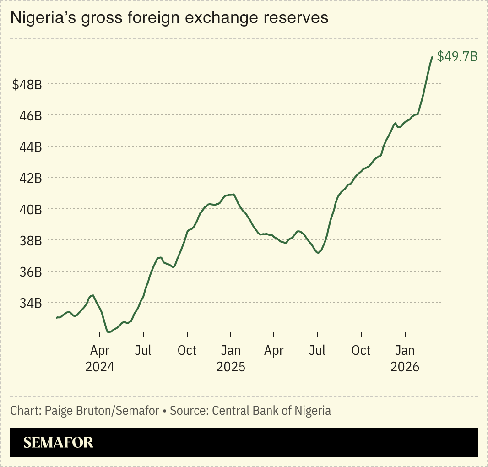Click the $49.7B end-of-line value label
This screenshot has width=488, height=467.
click(457, 56)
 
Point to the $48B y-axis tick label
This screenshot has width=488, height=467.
click(27, 85)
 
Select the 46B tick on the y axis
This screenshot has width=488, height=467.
click(31, 116)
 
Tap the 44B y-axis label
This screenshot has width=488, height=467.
click(31, 147)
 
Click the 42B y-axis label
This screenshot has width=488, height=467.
click(31, 178)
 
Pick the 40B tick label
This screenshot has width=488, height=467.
click(31, 210)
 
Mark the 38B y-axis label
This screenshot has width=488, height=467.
click(31, 241)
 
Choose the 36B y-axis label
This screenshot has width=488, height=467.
click(31, 272)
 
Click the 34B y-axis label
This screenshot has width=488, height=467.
click(31, 303)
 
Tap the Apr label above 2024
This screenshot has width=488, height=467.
click(100, 351)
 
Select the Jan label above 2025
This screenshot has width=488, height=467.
click(231, 351)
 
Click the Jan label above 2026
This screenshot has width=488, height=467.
click(405, 351)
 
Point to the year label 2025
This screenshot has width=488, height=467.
click(231, 367)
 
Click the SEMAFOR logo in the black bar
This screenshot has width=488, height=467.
click(58, 442)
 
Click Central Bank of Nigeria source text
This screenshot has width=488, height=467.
click(271, 411)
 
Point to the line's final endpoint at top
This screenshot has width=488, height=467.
click(432, 57)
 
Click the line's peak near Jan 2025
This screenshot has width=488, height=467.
click(234, 194)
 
